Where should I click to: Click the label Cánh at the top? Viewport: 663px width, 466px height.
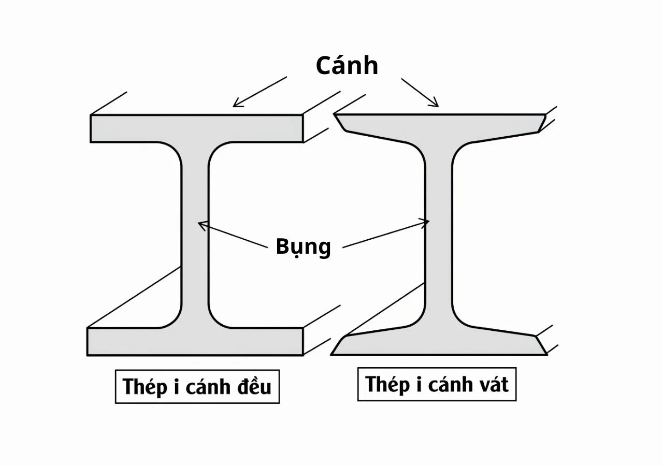(x=347, y=66)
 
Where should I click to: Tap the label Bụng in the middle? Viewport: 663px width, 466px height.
(x=303, y=246)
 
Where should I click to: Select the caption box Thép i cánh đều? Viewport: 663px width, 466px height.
(x=197, y=386)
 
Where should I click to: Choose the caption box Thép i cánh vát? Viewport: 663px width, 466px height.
(x=437, y=384)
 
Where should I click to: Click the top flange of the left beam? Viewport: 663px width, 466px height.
(x=196, y=128)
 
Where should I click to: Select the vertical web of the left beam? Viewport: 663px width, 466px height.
(x=195, y=233)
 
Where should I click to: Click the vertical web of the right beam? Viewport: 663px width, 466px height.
(x=438, y=233)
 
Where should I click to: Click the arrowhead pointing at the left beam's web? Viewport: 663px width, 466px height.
(x=202, y=224)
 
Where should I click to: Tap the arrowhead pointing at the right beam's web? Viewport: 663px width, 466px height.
(x=426, y=223)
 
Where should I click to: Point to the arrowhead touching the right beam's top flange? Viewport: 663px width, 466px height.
(x=435, y=104)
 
